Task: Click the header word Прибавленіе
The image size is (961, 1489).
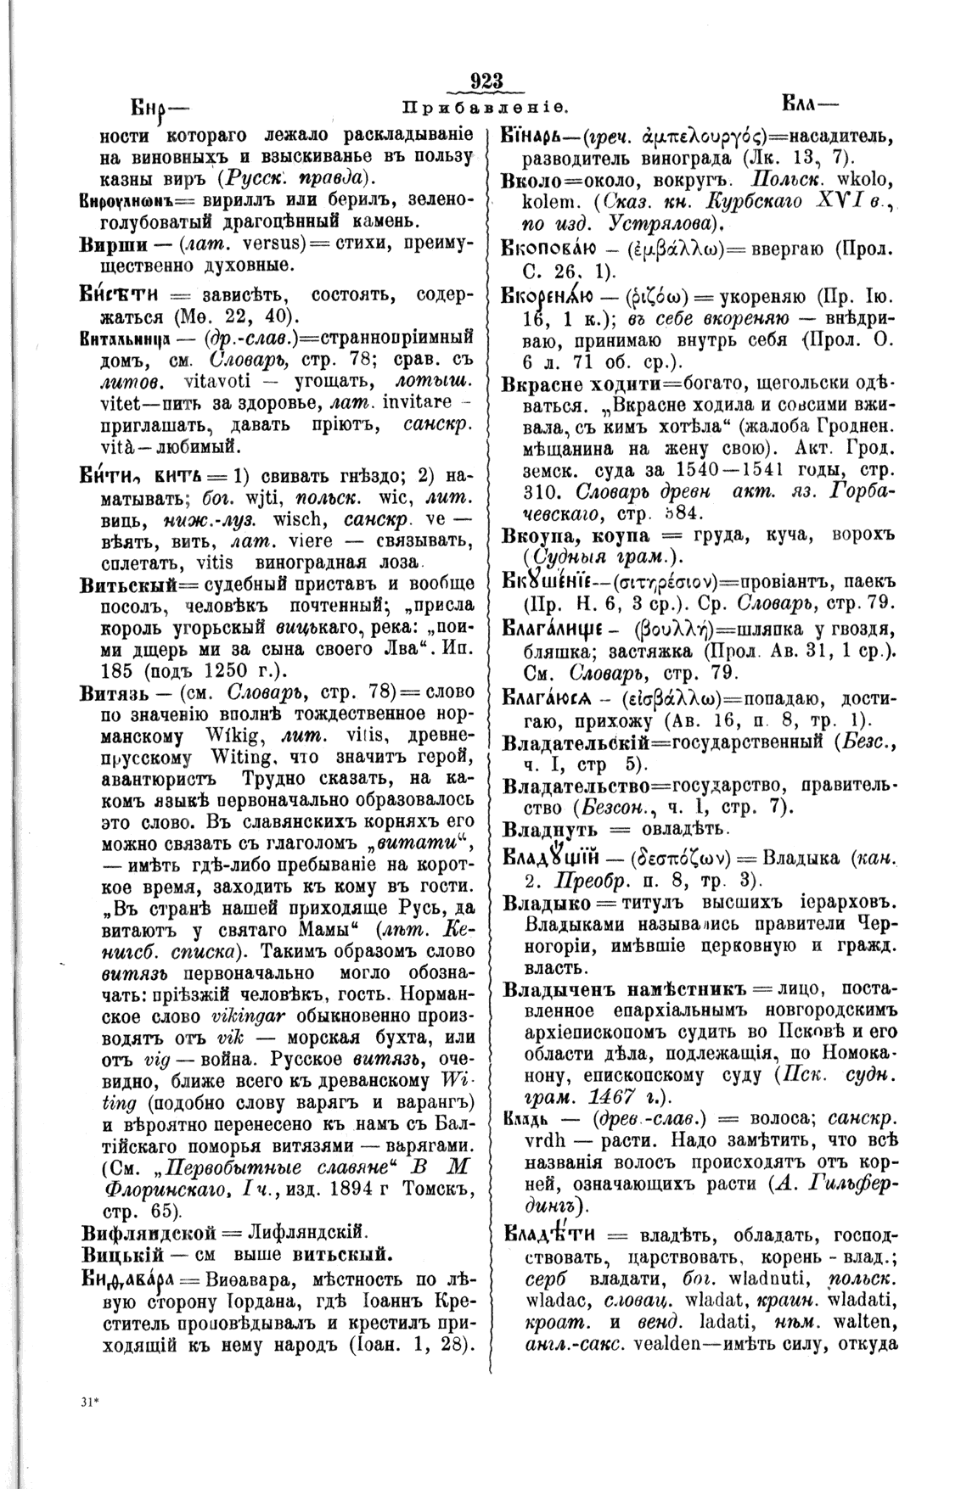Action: (x=485, y=109)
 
